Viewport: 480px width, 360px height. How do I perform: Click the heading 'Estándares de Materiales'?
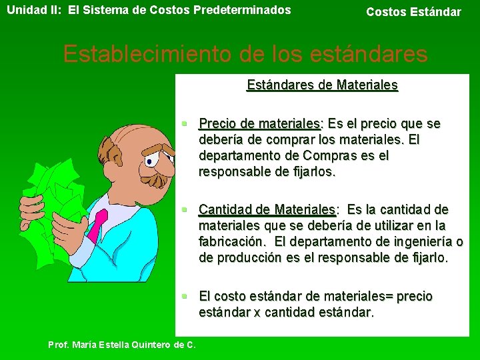(322, 85)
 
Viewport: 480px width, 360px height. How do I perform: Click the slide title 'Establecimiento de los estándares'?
(245, 54)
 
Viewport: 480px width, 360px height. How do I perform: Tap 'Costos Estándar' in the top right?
(413, 12)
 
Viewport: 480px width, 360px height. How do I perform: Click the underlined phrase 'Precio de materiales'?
(259, 124)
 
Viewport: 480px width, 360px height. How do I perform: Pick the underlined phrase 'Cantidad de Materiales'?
(267, 210)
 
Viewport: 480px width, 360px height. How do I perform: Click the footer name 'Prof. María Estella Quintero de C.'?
(122, 345)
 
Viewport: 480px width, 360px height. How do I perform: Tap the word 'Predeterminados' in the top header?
(250, 10)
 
